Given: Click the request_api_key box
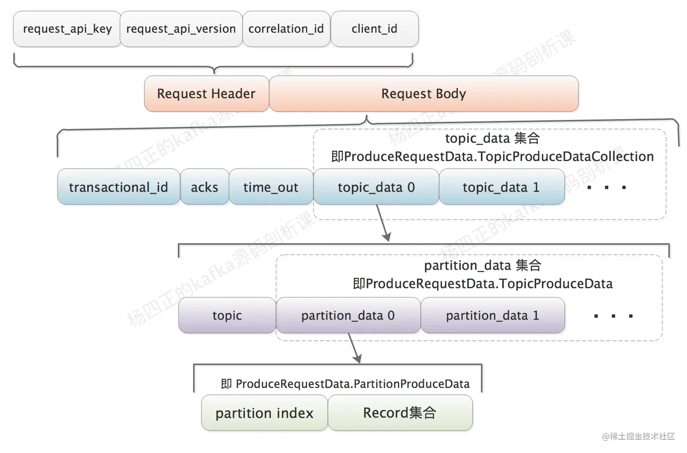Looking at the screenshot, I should tap(67, 29).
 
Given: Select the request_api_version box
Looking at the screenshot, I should tap(181, 29).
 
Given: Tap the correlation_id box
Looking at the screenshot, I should tap(286, 29).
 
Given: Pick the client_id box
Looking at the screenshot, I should tap(374, 29).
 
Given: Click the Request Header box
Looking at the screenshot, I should tap(206, 94).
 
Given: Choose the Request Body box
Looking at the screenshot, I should tap(423, 94).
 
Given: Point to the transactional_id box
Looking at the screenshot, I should tap(119, 187).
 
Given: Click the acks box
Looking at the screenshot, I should tap(204, 187).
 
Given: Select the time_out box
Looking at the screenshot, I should tap(271, 187).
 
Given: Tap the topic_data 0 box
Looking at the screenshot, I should tap(376, 187).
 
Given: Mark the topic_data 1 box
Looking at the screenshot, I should tap(501, 187).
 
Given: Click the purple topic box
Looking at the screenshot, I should tap(227, 315).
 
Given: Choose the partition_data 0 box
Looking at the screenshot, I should tap(348, 315).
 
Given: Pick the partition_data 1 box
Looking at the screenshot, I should tap(493, 315).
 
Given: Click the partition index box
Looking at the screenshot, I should tap(264, 413).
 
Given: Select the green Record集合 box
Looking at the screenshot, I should tap(400, 413).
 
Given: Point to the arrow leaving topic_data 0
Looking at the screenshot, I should tap(382, 223).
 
